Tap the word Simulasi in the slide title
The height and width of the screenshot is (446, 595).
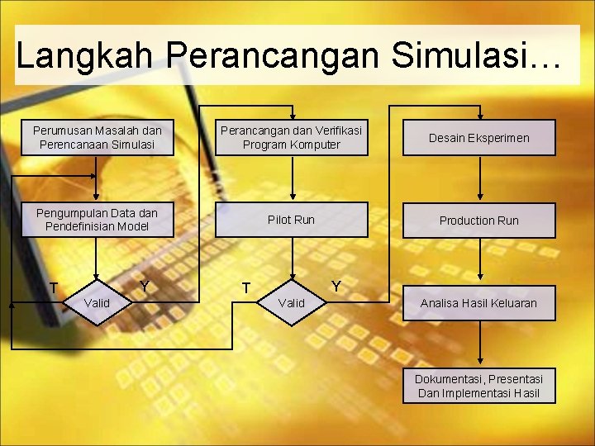tap(466, 56)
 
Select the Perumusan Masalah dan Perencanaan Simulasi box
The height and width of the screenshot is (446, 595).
tap(98, 137)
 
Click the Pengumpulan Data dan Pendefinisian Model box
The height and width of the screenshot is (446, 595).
tap(98, 220)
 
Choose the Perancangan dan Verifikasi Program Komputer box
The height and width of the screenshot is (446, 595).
tap(292, 137)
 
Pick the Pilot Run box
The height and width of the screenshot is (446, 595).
tap(292, 220)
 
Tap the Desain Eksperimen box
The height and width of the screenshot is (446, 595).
tap(479, 138)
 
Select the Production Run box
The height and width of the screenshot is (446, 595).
tap(479, 221)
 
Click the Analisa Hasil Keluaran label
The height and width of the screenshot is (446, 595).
tap(478, 303)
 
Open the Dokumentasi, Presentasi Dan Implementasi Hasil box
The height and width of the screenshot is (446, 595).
tap(479, 386)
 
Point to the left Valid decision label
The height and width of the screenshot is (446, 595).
tap(98, 303)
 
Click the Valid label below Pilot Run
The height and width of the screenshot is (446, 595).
tap(292, 303)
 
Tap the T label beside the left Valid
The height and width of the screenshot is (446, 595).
tap(53, 288)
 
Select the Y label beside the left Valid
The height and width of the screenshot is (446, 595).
tap(145, 287)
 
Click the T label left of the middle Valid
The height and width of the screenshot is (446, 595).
tap(246, 288)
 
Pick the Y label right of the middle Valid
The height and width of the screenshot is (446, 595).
tap(336, 287)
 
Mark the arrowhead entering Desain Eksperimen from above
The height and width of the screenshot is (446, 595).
tap(481, 116)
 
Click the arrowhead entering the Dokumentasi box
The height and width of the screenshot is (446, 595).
tap(481, 363)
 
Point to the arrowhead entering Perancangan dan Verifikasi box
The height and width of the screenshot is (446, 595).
tap(292, 116)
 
